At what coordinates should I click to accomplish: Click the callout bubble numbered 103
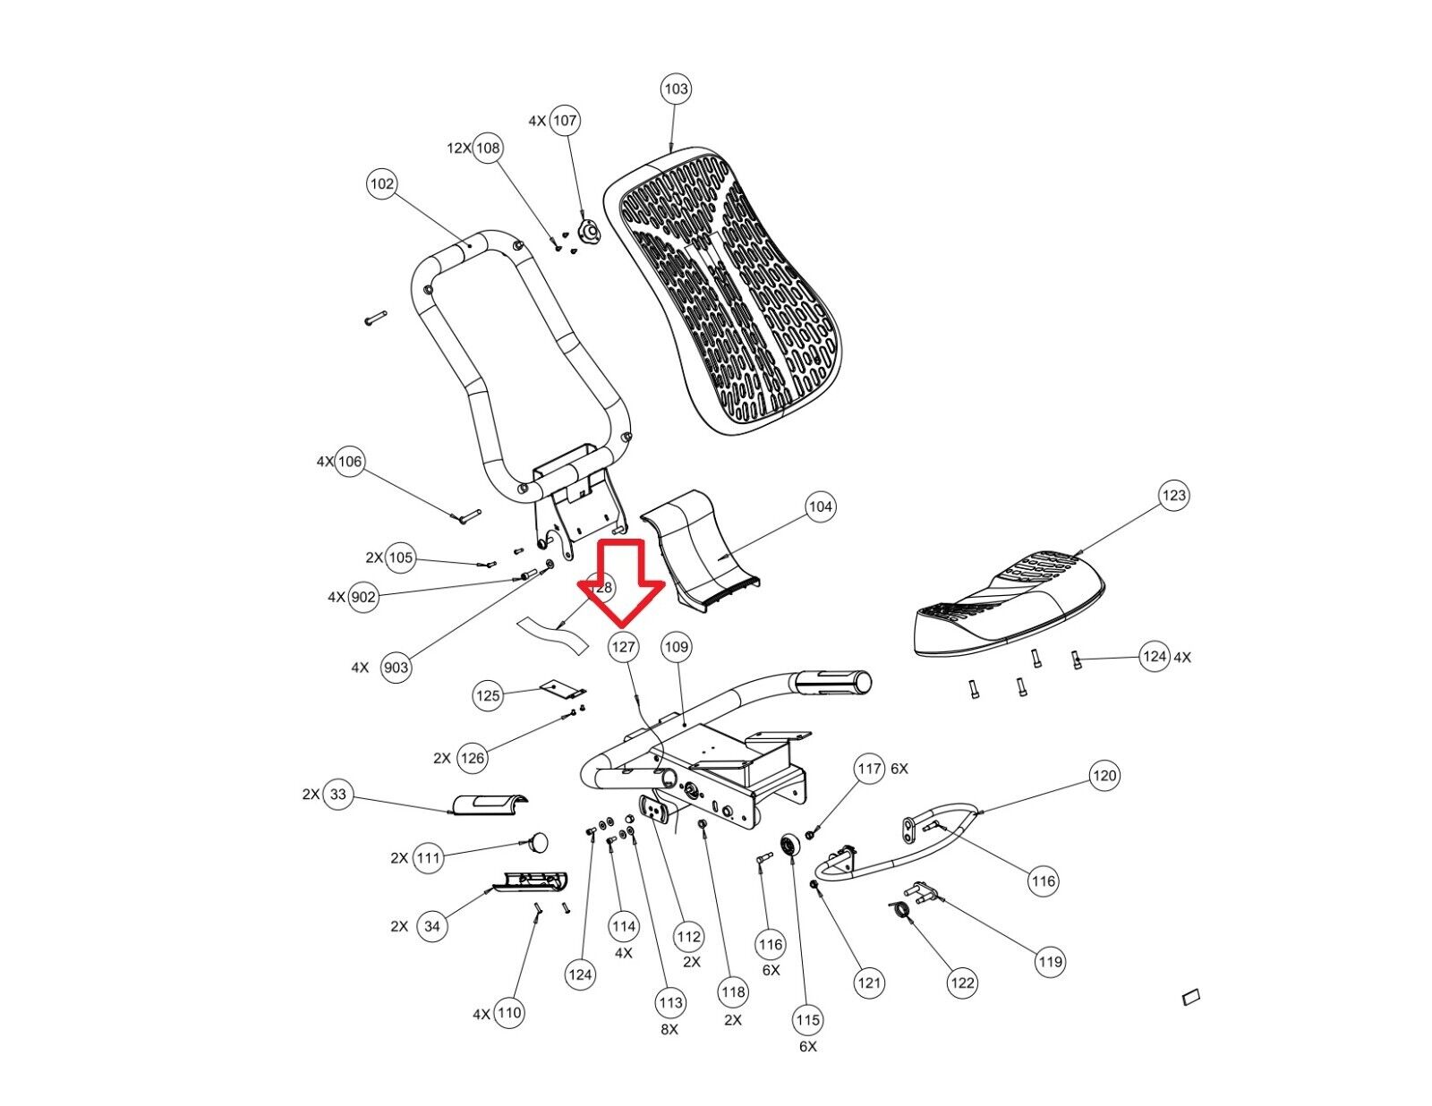point(676,89)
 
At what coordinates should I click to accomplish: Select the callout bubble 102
point(382,184)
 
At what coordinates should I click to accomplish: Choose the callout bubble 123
point(1173,495)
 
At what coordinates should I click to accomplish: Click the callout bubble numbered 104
point(820,506)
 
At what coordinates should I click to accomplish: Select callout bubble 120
point(1104,775)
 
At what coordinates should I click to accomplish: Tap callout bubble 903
point(396,668)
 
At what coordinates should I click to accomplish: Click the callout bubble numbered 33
point(337,795)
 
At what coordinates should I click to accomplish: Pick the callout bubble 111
point(429,859)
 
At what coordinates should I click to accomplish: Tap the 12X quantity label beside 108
point(459,148)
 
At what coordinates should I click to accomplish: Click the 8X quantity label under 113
point(669,1030)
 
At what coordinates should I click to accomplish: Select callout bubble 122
point(962,983)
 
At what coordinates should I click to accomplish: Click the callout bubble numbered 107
point(565,120)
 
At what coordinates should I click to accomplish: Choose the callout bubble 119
point(1050,962)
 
